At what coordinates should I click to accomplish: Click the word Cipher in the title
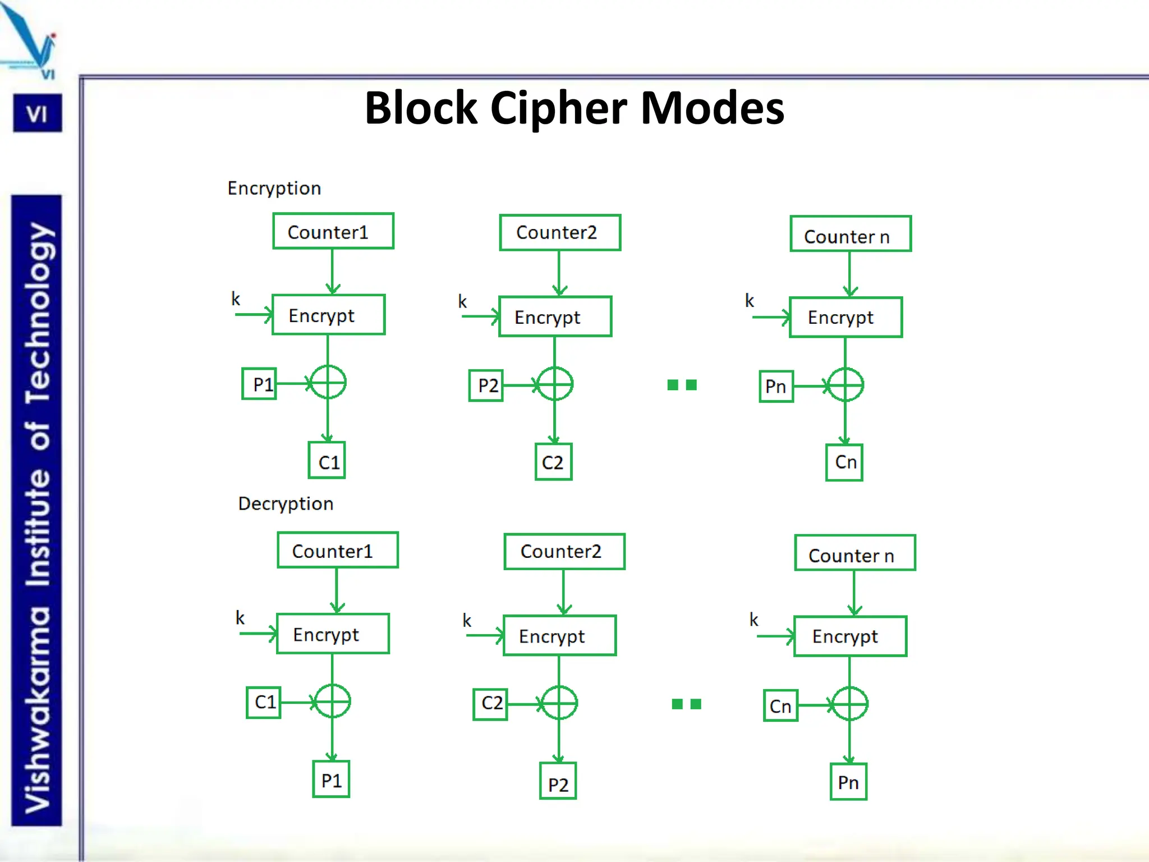pos(558,108)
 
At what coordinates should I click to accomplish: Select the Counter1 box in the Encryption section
pos(333,231)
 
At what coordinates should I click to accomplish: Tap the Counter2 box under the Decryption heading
pos(564,551)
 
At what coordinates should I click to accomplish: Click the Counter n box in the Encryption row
pos(850,234)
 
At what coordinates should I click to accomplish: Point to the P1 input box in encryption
pos(259,384)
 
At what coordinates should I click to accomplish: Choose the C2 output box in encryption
pos(553,462)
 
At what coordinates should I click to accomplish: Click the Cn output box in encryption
pos(844,462)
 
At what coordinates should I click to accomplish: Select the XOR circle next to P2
pos(554,384)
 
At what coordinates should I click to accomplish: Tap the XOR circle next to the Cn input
pos(849,704)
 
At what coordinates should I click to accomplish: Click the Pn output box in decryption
pos(848,782)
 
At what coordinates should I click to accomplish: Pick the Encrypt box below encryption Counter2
pos(555,317)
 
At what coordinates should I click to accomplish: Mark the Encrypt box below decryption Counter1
pos(333,634)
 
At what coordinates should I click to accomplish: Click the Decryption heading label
pos(286,503)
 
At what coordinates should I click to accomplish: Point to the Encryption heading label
pos(274,188)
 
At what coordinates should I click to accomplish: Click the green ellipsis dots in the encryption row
pos(682,385)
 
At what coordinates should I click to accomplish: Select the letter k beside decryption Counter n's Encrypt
pos(753,620)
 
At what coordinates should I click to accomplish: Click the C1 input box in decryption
pos(264,702)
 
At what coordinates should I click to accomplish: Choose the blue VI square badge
pos(38,113)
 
